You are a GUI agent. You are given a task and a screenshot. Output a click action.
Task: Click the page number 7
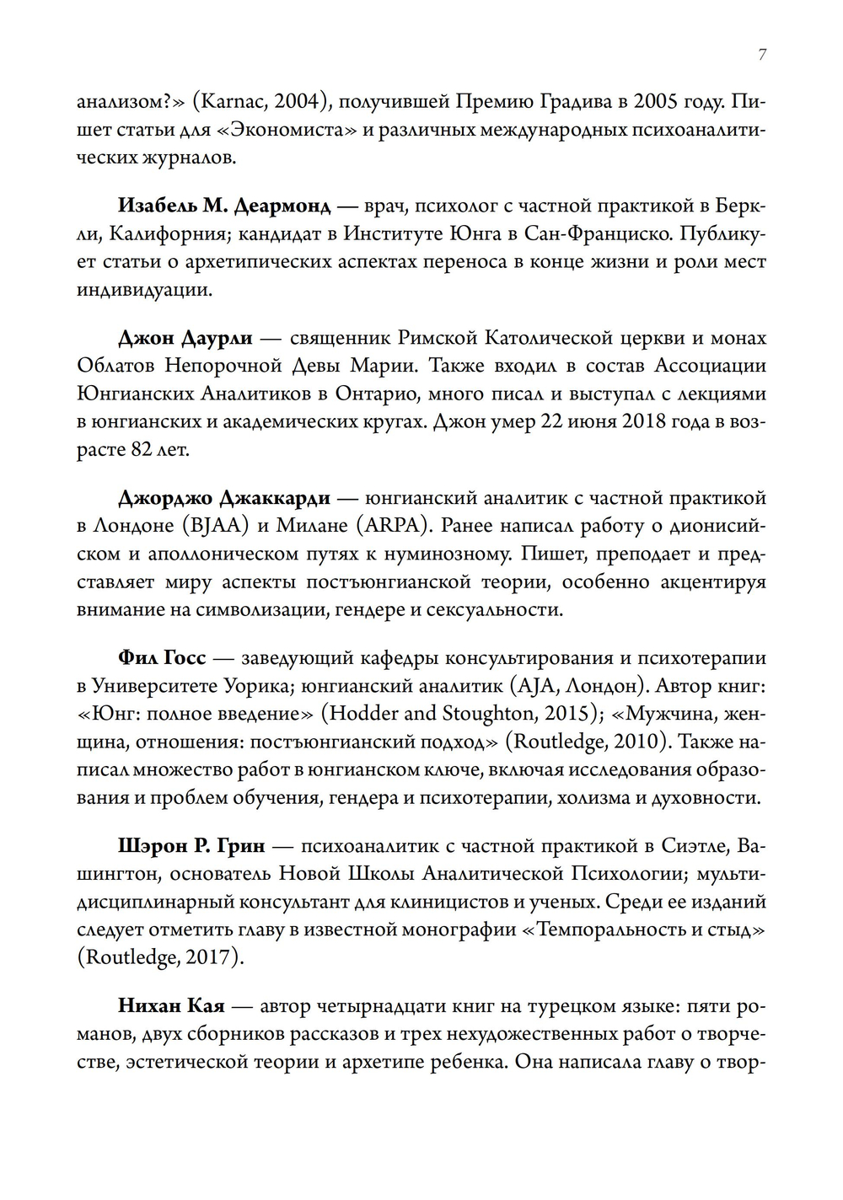pos(762,55)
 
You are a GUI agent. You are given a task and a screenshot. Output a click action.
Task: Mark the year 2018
pos(653,421)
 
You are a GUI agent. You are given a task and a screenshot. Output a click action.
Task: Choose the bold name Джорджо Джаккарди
pos(223,497)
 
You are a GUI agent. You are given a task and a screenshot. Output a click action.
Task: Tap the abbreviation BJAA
pos(215,525)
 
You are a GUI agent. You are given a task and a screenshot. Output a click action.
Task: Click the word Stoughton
pos(490,713)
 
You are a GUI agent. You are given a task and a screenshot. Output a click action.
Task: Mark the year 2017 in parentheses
pos(209,957)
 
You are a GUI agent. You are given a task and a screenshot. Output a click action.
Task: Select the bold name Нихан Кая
pos(170,1005)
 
